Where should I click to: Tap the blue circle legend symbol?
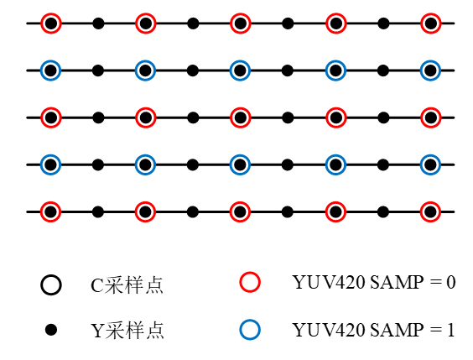(x=250, y=330)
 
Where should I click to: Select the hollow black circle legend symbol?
(x=51, y=285)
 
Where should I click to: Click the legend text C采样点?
(x=127, y=285)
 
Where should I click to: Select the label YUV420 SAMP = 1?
(x=373, y=330)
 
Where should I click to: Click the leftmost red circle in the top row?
(x=51, y=23)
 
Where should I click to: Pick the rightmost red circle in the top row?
(x=430, y=23)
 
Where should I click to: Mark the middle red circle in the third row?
(x=241, y=117)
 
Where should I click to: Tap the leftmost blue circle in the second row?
(x=51, y=70)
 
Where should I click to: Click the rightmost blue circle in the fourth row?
(x=430, y=164)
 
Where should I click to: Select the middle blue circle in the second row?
(x=241, y=70)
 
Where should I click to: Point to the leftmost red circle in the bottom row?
(x=51, y=211)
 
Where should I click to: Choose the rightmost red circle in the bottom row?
(x=430, y=211)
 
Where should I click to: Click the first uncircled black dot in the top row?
(x=98, y=23)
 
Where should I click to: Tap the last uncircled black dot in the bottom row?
(x=383, y=211)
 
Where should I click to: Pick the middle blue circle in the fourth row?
(x=241, y=164)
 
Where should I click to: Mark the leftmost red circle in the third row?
(x=51, y=117)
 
